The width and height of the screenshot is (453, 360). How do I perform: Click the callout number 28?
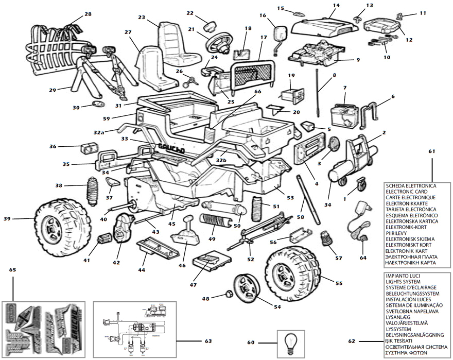[x=88, y=14]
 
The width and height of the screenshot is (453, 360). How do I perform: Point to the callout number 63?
[x=208, y=340]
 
